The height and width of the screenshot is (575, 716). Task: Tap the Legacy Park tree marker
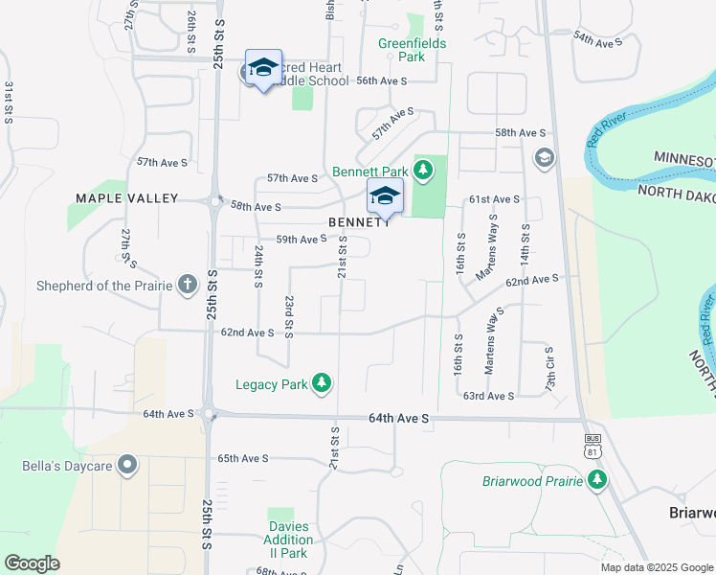[323, 384]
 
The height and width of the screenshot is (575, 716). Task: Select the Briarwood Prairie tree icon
[598, 478]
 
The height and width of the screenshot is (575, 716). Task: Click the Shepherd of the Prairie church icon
[187, 285]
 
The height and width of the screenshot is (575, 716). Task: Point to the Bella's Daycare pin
[128, 468]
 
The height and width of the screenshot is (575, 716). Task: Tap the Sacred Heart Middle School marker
[263, 68]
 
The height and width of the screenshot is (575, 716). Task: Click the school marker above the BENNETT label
[385, 196]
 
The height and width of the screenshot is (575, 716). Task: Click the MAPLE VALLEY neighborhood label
[127, 198]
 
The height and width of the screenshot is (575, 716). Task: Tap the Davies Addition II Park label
[288, 540]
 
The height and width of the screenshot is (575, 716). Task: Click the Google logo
[32, 563]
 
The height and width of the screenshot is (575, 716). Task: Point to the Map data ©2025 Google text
[656, 567]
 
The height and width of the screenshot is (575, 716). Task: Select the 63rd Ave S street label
[488, 396]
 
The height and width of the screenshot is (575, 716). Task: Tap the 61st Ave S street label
[494, 199]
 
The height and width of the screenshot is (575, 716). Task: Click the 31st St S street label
[9, 101]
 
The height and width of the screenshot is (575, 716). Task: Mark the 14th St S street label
[526, 245]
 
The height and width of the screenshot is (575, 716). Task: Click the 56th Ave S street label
[383, 81]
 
